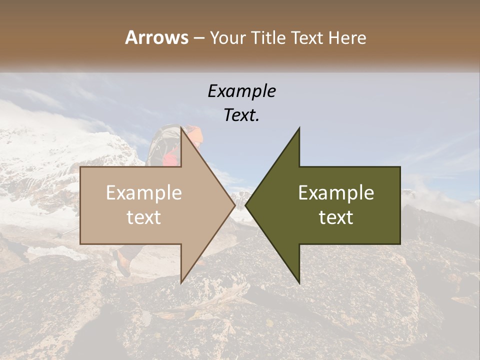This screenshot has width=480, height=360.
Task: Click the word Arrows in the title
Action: tap(157, 37)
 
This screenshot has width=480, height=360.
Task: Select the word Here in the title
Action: tap(347, 37)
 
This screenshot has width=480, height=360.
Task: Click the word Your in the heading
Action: tap(228, 38)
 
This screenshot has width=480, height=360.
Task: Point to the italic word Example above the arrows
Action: tap(241, 91)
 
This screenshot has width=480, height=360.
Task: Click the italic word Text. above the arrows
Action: tap(241, 115)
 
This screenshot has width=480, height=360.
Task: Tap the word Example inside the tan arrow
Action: tap(144, 193)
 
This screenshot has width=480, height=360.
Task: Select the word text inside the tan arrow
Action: tap(144, 217)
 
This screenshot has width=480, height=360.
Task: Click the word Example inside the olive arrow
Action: tap(336, 193)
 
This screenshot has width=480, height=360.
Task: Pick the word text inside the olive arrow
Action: tap(336, 217)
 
